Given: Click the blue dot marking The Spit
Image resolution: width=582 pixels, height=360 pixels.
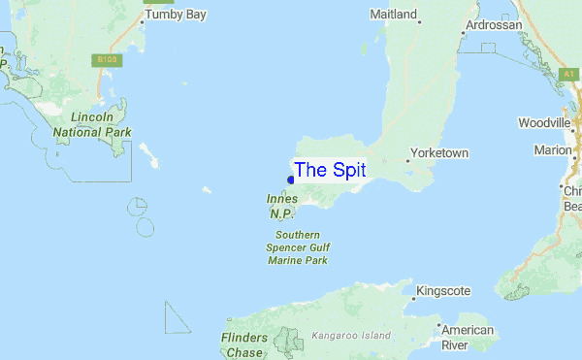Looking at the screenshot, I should pos(291,180).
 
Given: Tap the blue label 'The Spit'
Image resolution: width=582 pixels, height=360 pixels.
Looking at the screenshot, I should pos(330,170).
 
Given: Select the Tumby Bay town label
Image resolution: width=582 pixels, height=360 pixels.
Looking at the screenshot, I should pos(176,16).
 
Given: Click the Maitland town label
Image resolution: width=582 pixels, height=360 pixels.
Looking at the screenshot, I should pos(394,15).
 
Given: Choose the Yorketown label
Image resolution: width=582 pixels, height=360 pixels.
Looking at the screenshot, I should pos(439,153).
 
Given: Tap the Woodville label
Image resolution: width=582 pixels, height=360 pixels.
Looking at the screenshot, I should pos(545,124).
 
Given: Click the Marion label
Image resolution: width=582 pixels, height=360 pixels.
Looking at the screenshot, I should pos(552,150).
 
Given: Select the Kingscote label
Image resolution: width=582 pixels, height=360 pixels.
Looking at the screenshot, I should pos(443,291).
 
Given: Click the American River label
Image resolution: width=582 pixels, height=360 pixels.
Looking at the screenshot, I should pos(468,338).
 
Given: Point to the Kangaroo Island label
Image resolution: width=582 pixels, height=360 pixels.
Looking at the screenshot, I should pos(351,336).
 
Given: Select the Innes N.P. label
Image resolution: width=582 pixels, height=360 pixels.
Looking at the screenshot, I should pos(282,206).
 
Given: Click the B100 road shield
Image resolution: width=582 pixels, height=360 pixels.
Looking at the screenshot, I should pos(107,60).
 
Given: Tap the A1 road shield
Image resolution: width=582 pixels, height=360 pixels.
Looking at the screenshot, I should pos(569,74).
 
